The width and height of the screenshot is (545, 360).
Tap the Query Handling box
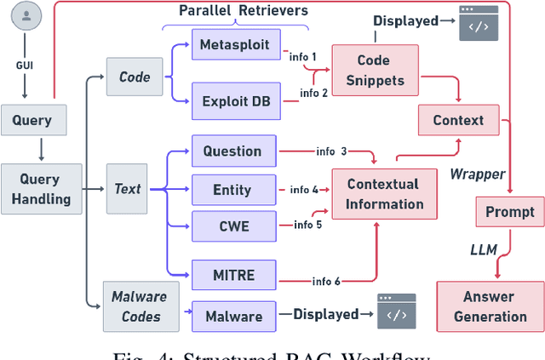40,189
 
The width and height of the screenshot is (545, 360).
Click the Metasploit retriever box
235,43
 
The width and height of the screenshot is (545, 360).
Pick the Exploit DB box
235,100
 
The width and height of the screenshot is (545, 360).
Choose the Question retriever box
232,151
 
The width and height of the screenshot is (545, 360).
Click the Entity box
232,190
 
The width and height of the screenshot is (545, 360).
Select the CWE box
232,226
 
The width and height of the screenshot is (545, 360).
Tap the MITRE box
232,276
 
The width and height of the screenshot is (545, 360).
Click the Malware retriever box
233,317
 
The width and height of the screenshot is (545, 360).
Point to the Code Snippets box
374,71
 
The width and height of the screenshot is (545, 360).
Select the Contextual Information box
384,194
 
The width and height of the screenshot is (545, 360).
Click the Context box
458,121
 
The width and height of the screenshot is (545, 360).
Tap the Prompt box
510,211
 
